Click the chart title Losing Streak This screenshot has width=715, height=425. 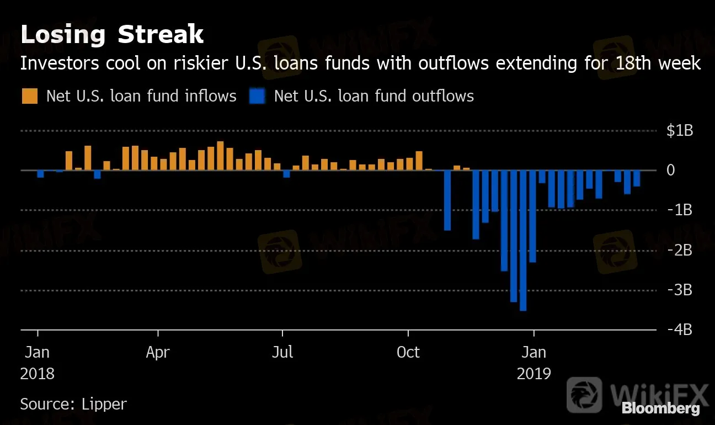tap(112, 35)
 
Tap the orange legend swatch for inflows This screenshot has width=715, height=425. tap(30, 97)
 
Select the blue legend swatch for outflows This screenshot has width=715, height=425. tap(257, 97)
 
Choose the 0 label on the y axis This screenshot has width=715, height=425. tap(671, 171)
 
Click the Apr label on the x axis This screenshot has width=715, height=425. tap(158, 352)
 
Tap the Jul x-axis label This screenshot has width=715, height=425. tap(282, 352)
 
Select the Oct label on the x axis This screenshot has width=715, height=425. tap(408, 352)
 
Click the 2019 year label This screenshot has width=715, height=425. tap(533, 374)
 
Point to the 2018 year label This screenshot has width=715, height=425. tap(38, 374)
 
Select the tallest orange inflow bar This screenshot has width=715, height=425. tap(220, 156)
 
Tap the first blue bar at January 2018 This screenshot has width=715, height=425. tap(40, 174)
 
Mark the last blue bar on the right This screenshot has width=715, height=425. tap(637, 178)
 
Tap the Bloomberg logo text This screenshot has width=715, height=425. tap(660, 408)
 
